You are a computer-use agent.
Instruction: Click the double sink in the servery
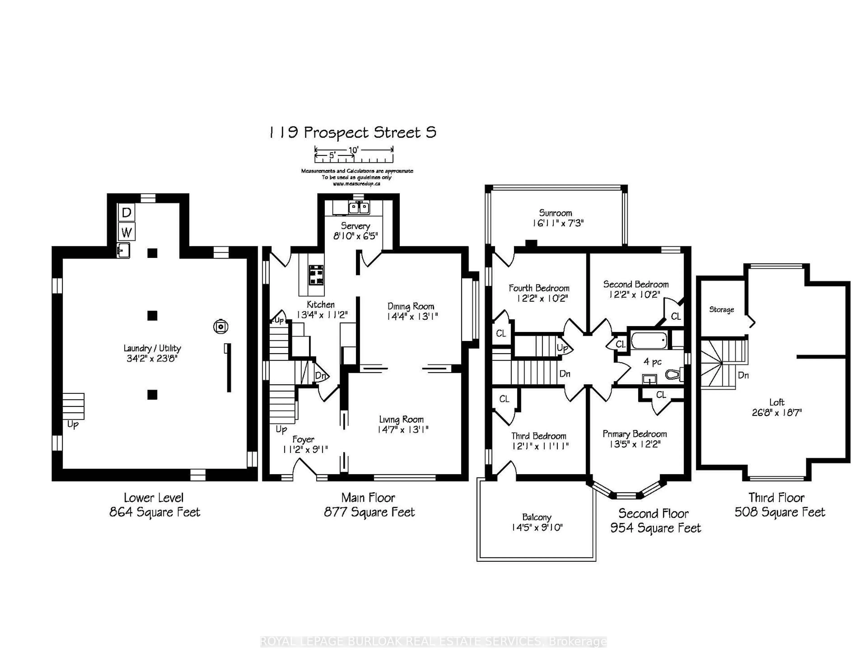pos(359,207)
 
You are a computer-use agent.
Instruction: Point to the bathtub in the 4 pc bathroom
pos(649,340)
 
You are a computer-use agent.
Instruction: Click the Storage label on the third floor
pos(722,309)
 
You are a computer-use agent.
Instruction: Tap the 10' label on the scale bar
pos(353,150)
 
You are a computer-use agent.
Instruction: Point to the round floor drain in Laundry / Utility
pos(221,327)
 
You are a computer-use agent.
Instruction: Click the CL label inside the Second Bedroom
pos(676,316)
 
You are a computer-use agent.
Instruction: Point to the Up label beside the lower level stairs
pos(73,425)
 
